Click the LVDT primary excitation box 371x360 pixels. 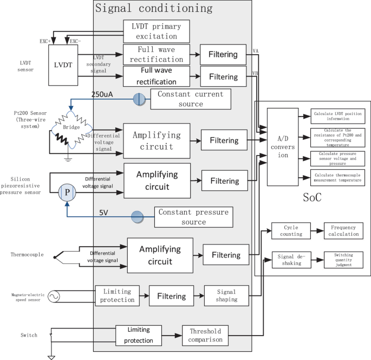156,31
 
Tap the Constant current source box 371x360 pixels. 188,98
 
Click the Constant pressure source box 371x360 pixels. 193,217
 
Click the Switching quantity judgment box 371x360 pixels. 343,260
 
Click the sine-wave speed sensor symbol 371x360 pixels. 54,296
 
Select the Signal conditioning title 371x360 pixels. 153,8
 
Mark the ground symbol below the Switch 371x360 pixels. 51,357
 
